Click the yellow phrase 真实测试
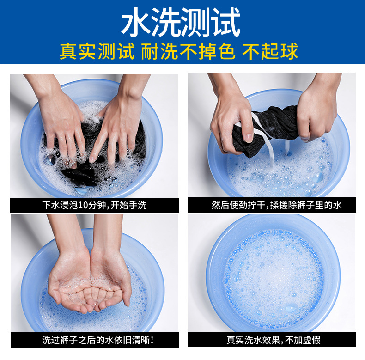[x=97, y=51]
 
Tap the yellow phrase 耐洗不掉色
[x=188, y=51]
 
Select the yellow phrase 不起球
[x=270, y=51]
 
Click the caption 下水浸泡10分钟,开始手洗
[x=94, y=205]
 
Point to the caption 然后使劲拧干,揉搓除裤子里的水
[x=276, y=205]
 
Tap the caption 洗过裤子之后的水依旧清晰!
[x=98, y=340]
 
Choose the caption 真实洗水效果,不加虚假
[x=274, y=340]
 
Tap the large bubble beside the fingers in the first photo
[x=50, y=160]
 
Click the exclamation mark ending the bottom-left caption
[x=152, y=340]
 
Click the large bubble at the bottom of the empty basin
[x=291, y=308]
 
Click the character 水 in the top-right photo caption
[x=337, y=205]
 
